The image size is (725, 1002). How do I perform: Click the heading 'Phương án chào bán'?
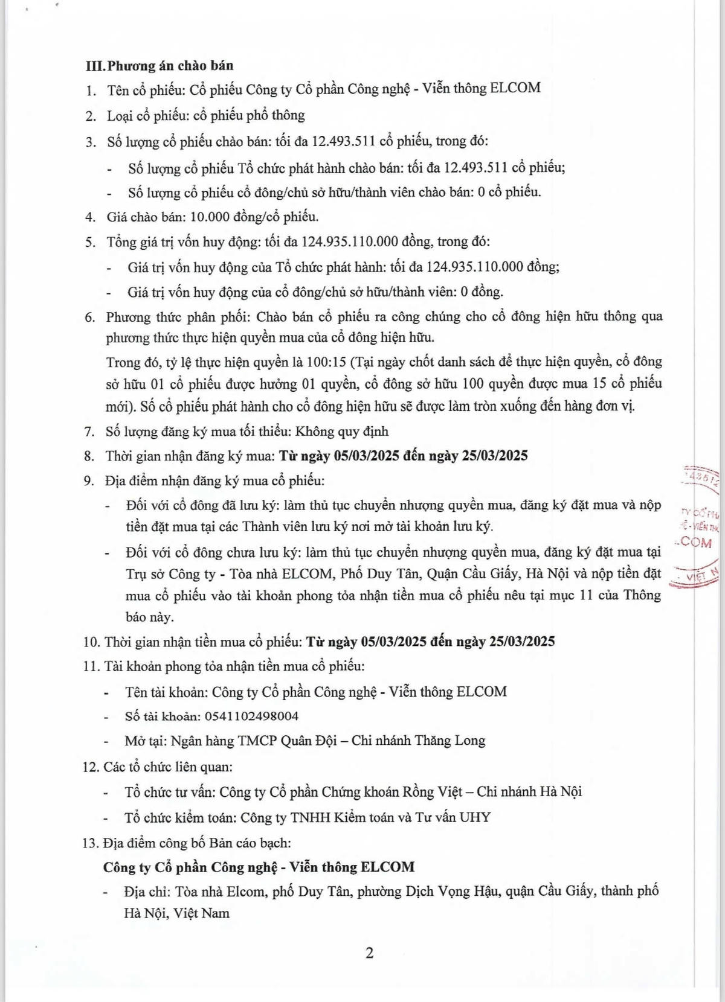pos(170,65)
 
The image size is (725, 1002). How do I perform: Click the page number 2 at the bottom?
pos(369,953)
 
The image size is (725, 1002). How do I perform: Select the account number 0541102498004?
pos(251,716)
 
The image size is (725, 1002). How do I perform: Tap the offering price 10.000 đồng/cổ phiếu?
pos(254,217)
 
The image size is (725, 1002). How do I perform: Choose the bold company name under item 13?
pos(259,867)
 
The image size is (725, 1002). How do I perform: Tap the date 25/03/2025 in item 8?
pos(494,456)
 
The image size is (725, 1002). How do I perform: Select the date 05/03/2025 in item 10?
pos(395,641)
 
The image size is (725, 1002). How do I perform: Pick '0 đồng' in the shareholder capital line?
pos(482,292)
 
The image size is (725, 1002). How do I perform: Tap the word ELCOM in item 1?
pos(515,88)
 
